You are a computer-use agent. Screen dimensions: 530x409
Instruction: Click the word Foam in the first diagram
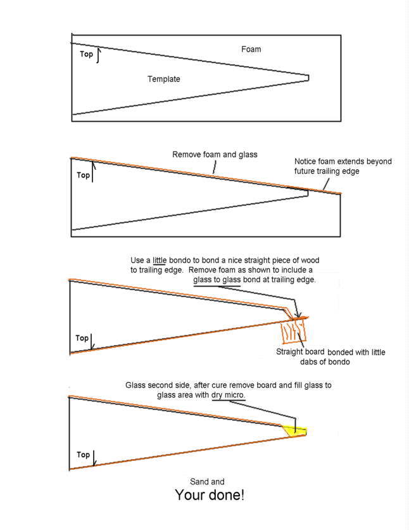coord(251,49)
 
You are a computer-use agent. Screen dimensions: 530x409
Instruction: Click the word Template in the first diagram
coord(164,79)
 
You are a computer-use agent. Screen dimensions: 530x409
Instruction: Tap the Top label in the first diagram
coord(86,55)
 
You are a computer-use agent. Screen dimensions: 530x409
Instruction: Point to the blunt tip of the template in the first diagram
coord(308,78)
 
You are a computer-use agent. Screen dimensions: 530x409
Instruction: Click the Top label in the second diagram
coord(83,175)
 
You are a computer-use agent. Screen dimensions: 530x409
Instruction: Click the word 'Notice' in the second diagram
coord(306,162)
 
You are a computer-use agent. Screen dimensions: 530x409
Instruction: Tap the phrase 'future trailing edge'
coord(327,171)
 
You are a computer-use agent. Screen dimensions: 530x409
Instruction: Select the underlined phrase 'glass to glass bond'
coord(222,280)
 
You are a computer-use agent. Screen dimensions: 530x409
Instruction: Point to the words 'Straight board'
coord(301,352)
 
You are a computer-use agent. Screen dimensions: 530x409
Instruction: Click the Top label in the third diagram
coord(82,339)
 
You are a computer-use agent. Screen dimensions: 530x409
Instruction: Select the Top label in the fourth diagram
coord(83,455)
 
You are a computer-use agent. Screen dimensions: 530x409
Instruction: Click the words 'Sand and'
coord(207,482)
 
